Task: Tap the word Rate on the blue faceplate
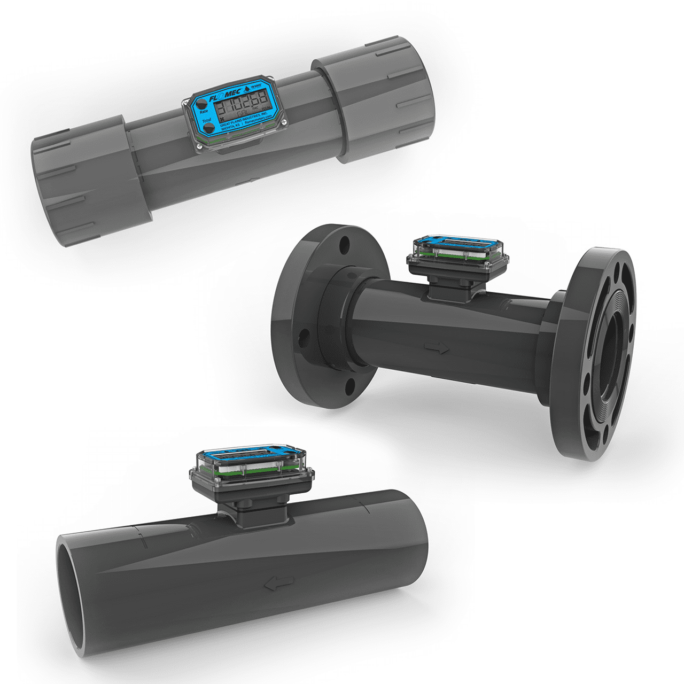click(204, 112)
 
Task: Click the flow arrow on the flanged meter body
click(437, 348)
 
